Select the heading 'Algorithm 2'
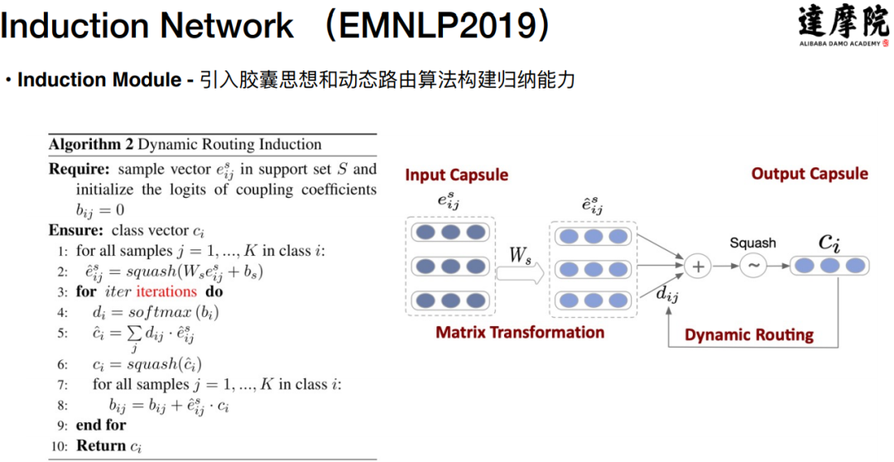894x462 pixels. [x=90, y=144]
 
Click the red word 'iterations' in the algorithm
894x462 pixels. [x=166, y=291]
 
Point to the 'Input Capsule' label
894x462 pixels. [x=456, y=176]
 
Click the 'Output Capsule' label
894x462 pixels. [x=809, y=174]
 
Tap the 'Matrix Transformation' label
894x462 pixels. [x=520, y=333]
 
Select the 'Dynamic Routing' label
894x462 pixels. [x=749, y=335]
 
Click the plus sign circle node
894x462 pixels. [x=698, y=266]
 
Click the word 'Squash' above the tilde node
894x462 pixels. [x=752, y=243]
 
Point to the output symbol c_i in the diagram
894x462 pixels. [x=829, y=241]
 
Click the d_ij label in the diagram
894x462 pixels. [x=666, y=291]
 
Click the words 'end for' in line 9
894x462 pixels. [x=101, y=425]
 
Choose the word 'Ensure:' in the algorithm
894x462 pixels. [x=74, y=230]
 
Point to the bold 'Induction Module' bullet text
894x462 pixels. [x=99, y=80]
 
